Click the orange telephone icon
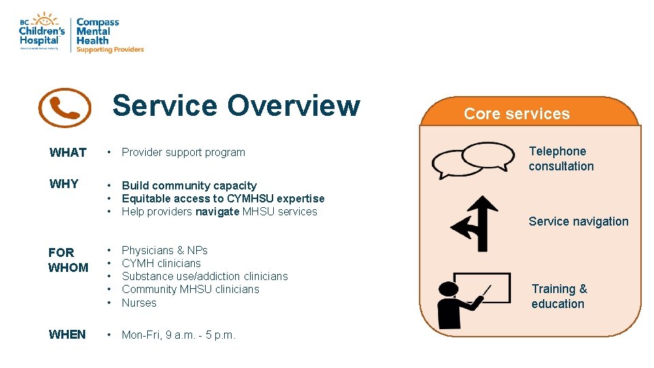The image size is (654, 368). tap(65, 108)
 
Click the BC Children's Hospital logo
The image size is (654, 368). tap(42, 31)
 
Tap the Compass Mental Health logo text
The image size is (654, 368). tap(102, 35)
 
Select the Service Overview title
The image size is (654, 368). tap(236, 106)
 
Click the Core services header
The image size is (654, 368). tap(516, 114)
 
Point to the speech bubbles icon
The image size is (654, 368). tap(473, 160)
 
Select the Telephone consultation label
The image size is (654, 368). tap(561, 159)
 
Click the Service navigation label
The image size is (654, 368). tap(578, 221)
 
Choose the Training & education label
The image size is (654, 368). tap(559, 296)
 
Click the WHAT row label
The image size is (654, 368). tap(67, 153)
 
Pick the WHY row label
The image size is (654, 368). tap(64, 184)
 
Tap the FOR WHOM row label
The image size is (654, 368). tap(68, 260)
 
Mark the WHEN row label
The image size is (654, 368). tap(67, 335)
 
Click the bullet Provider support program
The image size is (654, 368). tap(183, 153)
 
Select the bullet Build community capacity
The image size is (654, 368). tap(189, 185)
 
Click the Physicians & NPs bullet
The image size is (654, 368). tap(164, 251)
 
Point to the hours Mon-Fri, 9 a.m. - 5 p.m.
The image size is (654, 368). tap(178, 335)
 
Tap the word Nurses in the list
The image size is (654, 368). tap(139, 303)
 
